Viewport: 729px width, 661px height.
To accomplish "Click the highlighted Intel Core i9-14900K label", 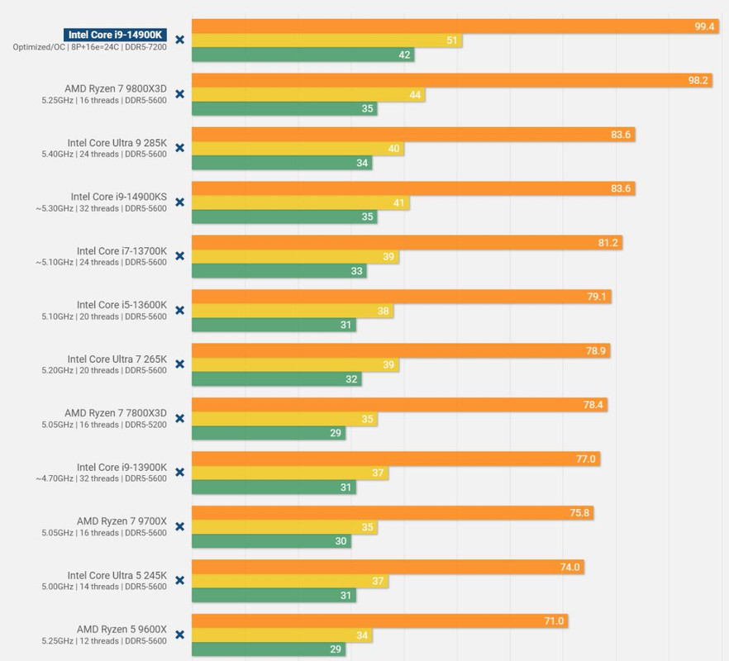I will [116, 35].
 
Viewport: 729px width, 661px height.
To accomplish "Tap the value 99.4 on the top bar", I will [704, 26].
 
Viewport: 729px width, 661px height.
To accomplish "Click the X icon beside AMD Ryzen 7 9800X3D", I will [179, 93].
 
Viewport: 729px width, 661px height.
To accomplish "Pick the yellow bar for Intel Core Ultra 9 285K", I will [298, 149].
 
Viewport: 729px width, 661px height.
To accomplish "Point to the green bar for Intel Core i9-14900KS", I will [284, 216].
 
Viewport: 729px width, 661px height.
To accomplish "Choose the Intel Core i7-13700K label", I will [121, 250].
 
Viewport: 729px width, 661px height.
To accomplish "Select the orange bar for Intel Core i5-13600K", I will [402, 297].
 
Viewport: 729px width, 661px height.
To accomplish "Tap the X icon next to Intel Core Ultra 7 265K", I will [179, 364].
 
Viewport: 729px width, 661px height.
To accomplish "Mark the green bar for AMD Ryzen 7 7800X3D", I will [269, 433].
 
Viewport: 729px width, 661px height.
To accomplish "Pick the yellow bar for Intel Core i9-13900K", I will [290, 473].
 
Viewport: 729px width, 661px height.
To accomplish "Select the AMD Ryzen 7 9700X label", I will [121, 521].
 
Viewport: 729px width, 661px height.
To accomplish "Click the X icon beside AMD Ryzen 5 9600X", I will [179, 635].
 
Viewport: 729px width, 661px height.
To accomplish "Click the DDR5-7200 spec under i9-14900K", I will [146, 47].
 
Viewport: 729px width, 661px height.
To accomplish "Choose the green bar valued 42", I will [303, 55].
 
